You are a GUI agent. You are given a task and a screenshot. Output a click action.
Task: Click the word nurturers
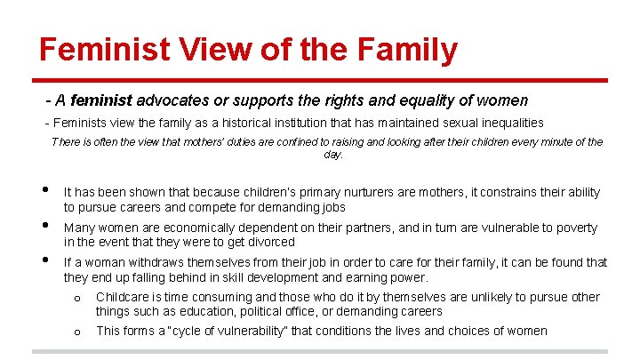[319, 192]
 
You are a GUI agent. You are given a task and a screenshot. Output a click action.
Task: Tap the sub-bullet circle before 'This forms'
[77, 332]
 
